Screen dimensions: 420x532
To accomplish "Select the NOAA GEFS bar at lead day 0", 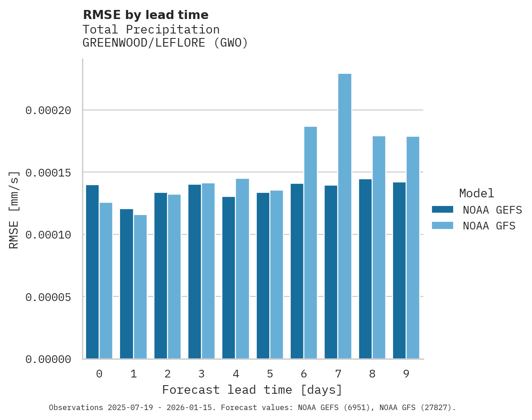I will [x=92, y=272].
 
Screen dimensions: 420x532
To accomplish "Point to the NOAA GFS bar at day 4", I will [x=242, y=269].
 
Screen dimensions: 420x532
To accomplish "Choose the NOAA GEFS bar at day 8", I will [x=365, y=269].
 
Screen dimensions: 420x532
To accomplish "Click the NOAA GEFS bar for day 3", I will [x=195, y=272].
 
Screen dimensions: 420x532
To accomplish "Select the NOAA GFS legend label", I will [x=489, y=225].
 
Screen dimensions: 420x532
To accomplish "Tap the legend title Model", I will [x=476, y=193].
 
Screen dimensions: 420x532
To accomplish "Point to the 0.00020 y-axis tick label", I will [x=48, y=110].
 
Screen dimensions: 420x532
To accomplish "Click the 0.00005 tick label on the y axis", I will [x=48, y=297].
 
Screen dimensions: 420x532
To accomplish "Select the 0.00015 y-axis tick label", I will [x=48, y=173].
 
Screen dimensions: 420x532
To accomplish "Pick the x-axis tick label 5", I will [x=270, y=374].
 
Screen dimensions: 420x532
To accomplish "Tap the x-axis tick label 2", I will [x=168, y=374].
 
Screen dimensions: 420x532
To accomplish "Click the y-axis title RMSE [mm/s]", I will [x=14, y=210].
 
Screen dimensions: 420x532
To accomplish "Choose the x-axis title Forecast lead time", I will [x=252, y=390].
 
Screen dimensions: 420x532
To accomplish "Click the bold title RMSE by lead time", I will [x=145, y=15].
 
